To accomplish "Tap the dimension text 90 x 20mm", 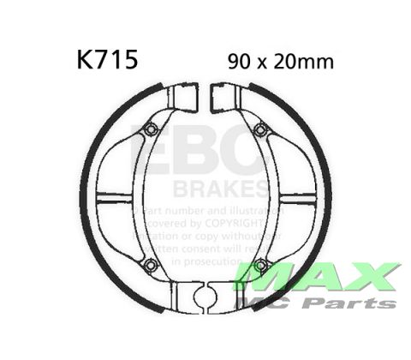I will tap(281, 62).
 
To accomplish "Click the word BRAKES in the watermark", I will tap(221, 187).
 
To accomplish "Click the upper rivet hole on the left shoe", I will tap(151, 129).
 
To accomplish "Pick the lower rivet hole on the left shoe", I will tap(151, 264).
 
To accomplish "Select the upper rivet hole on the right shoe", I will tap(259, 129).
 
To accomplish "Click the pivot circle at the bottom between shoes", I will tap(205, 298).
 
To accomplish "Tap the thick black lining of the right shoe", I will tap(326, 197).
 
